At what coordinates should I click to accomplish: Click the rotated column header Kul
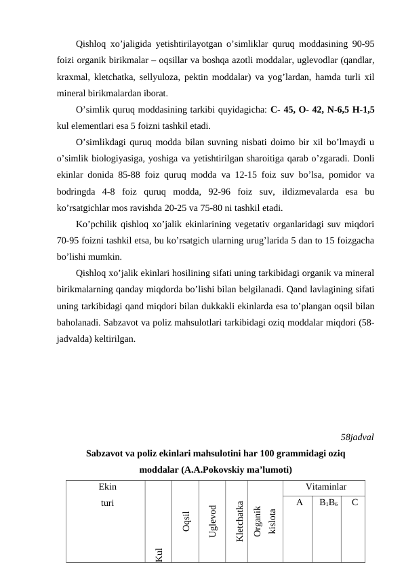(x=159, y=554)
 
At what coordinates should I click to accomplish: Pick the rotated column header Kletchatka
(x=239, y=521)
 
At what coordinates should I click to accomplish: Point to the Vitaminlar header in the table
(x=326, y=487)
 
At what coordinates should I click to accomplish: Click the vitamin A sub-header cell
(x=299, y=503)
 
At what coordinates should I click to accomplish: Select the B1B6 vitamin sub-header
(x=327, y=503)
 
